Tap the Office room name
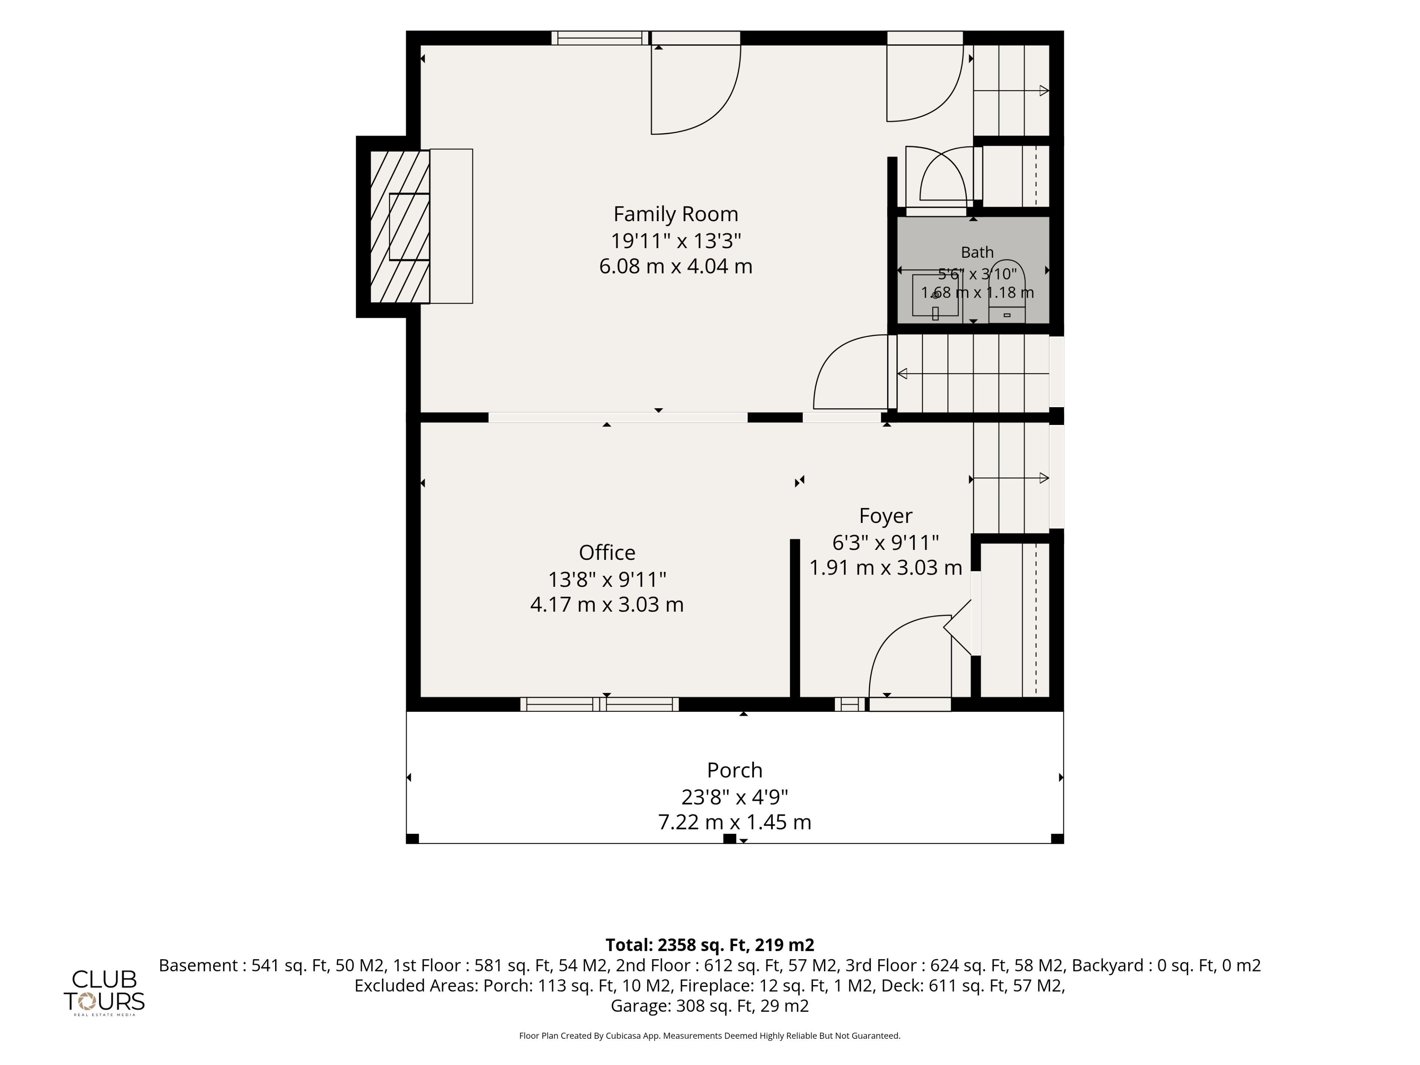[607, 553]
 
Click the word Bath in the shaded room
[977, 252]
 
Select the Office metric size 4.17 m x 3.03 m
[607, 605]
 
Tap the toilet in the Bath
[1007, 292]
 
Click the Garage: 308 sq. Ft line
[709, 1006]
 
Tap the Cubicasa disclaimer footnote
[709, 1035]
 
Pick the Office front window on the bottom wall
[599, 704]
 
